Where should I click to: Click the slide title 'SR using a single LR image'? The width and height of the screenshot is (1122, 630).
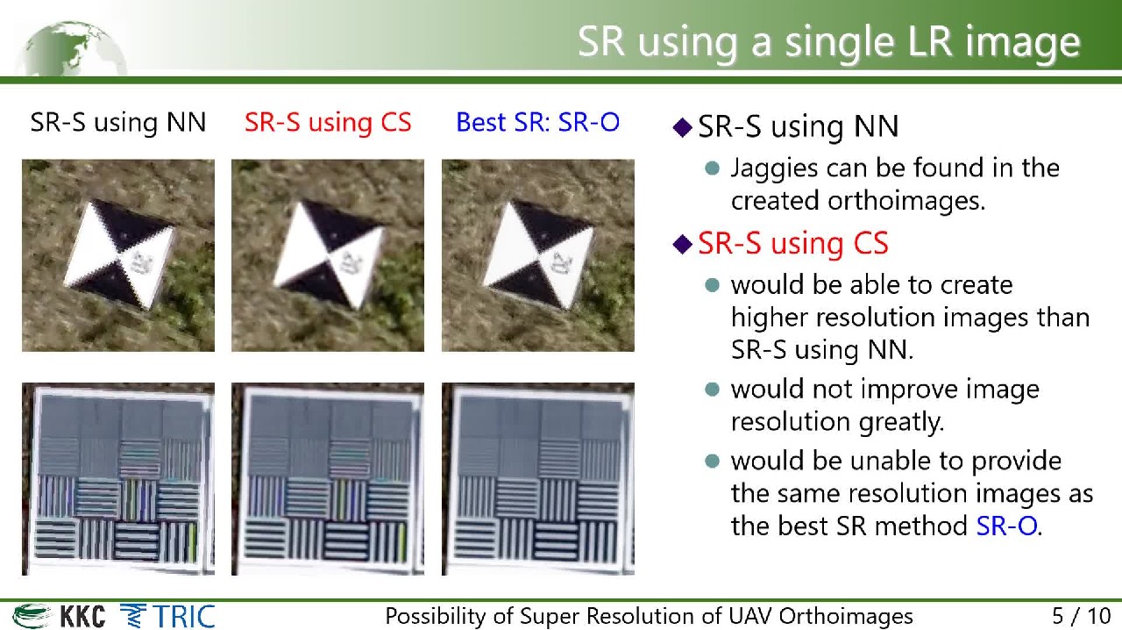pyautogui.click(x=829, y=42)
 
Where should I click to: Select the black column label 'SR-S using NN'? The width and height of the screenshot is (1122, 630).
pyautogui.click(x=118, y=122)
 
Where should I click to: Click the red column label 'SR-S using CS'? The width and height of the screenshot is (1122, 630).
pyautogui.click(x=328, y=122)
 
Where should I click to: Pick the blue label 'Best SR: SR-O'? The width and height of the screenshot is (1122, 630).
pyautogui.click(x=538, y=122)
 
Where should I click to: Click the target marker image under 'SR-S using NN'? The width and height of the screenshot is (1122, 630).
pyautogui.click(x=118, y=255)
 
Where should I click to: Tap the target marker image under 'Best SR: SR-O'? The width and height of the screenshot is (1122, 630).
pyautogui.click(x=538, y=255)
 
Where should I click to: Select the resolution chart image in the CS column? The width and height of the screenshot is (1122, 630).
pyautogui.click(x=328, y=479)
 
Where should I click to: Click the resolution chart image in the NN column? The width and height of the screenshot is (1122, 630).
pyautogui.click(x=118, y=479)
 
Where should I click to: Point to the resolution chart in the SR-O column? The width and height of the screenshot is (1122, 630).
pyautogui.click(x=538, y=479)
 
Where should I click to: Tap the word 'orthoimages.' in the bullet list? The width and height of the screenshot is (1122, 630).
pyautogui.click(x=906, y=201)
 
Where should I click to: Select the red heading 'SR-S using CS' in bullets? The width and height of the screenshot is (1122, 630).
pyautogui.click(x=793, y=243)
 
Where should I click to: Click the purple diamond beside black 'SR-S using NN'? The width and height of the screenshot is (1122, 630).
pyautogui.click(x=682, y=127)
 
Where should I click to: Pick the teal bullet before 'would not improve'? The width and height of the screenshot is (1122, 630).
pyautogui.click(x=712, y=390)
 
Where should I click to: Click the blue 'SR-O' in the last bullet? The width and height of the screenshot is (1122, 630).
pyautogui.click(x=1006, y=526)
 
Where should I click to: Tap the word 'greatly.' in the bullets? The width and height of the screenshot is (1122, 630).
pyautogui.click(x=901, y=422)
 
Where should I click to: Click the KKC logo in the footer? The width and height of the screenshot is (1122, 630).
pyautogui.click(x=59, y=616)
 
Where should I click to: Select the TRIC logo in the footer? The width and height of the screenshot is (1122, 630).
pyautogui.click(x=167, y=616)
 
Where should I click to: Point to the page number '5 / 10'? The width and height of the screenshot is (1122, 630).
pyautogui.click(x=1082, y=616)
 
